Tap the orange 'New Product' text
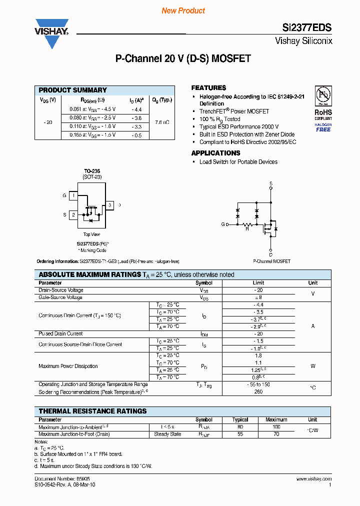pos(183,10)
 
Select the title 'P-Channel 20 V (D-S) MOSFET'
pos(183,58)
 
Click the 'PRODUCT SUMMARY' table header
pos(73,90)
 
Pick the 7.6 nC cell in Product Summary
pos(162,122)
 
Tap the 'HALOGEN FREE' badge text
pos(323,127)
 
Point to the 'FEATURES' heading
pos(208,87)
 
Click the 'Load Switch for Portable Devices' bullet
pos(238,162)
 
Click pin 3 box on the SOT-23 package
pos(109,205)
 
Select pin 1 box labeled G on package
pos(73,196)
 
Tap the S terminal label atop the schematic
pos(271,183)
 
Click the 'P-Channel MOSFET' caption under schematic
pos(271,261)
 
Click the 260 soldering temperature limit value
pos(258,392)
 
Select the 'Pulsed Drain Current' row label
pos(60,333)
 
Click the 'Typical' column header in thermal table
pos(240,419)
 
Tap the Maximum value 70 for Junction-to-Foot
pos(276,434)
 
